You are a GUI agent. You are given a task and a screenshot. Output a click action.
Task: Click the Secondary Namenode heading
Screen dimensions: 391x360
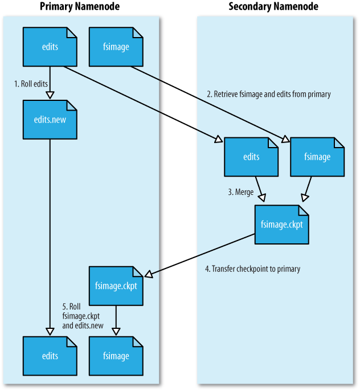click(273, 7)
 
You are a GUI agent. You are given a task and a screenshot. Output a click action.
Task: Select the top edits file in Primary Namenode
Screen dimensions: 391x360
click(50, 47)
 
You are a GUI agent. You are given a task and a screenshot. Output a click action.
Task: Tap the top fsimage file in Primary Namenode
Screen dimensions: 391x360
click(116, 47)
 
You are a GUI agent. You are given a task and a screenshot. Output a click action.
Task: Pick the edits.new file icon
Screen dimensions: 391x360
click(50, 120)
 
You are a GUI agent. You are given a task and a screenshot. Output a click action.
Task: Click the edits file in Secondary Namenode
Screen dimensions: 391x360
click(251, 157)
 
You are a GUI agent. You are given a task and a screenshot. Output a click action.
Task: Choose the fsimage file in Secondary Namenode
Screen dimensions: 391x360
click(317, 157)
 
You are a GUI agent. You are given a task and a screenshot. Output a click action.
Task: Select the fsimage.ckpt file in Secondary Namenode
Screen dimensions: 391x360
click(282, 224)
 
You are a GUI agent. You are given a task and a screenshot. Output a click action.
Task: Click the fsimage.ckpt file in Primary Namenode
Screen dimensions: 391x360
click(116, 286)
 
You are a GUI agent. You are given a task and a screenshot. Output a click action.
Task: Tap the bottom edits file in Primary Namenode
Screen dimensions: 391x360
click(50, 356)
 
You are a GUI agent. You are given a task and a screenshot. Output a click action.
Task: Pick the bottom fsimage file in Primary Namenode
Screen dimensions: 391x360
click(116, 356)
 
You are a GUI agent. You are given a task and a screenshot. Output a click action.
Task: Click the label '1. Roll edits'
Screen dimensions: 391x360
click(31, 83)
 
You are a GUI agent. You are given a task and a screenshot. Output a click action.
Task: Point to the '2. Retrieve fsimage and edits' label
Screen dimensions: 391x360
click(268, 94)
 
